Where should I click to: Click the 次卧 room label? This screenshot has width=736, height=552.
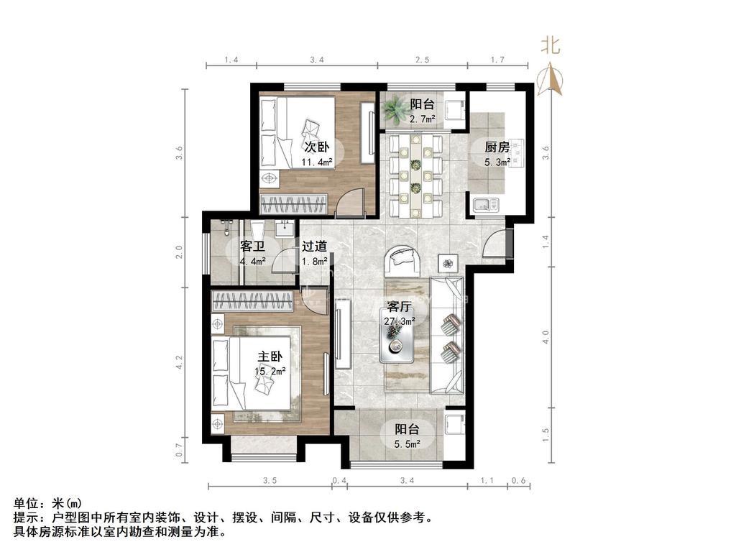[317, 147]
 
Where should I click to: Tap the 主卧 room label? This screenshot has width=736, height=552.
[270, 356]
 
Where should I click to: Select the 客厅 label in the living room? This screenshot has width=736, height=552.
[400, 306]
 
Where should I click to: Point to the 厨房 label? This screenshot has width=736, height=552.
[497, 147]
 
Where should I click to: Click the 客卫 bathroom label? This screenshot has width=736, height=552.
[252, 246]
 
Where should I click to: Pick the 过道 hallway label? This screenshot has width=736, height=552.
[314, 246]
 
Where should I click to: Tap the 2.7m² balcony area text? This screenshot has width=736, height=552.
[422, 119]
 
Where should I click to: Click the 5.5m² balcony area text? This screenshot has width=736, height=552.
[407, 443]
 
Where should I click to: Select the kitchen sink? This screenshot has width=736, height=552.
[487, 205]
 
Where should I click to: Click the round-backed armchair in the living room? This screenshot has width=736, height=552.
[402, 260]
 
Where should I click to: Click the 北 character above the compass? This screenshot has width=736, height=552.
[551, 46]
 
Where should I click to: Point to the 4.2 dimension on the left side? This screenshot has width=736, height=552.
[179, 362]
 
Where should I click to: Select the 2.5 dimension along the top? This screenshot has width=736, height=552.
[422, 60]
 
